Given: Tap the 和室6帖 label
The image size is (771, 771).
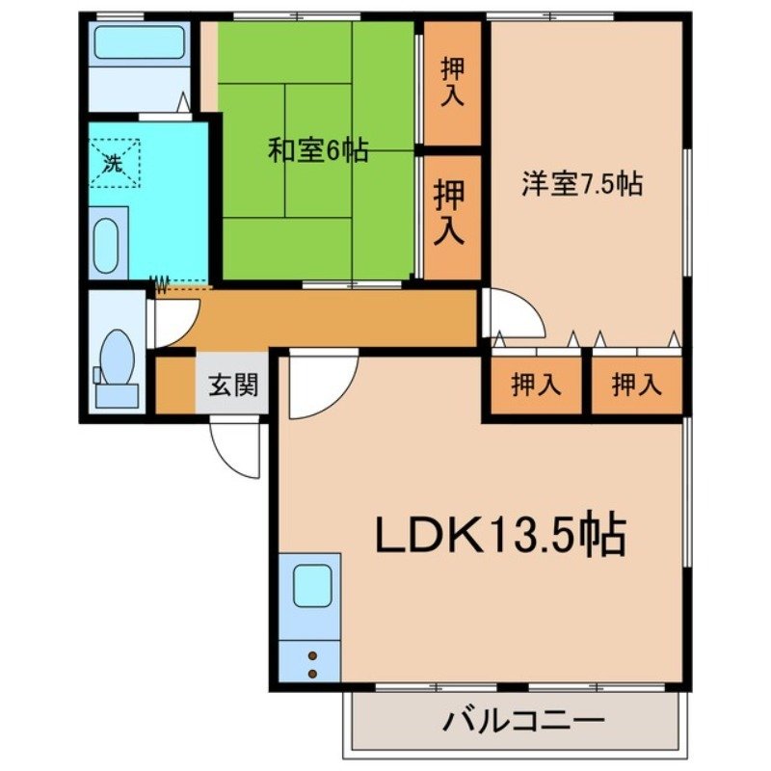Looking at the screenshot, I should (x=317, y=151).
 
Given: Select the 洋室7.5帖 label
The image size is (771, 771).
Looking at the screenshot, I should (x=582, y=184).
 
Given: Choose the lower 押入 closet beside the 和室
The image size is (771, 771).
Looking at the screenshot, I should (x=451, y=214).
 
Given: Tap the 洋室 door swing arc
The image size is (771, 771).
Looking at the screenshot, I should (x=511, y=314).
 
